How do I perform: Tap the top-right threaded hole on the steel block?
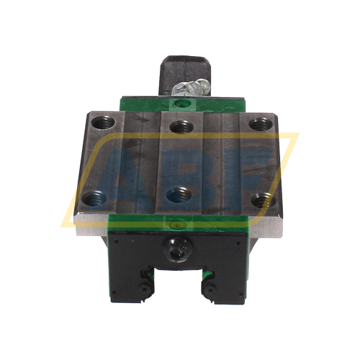tap(258, 122)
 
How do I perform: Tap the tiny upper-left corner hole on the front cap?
tap(117, 238)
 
